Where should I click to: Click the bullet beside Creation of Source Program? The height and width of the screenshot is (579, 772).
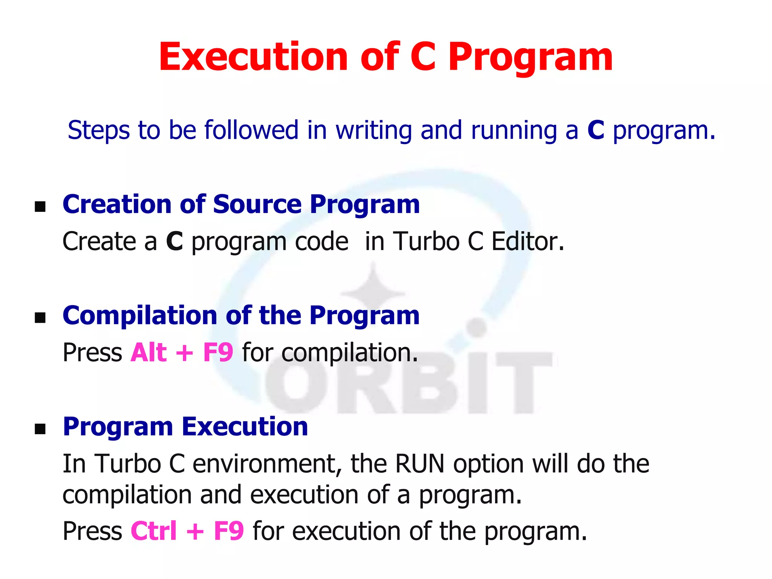pos(40,206)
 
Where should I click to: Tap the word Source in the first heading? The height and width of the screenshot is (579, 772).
pos(257,204)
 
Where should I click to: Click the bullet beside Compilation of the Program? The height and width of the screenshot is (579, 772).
pos(40,317)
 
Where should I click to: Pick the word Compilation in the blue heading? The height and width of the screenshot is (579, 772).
pos(139,316)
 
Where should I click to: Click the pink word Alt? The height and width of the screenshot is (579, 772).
pos(149,352)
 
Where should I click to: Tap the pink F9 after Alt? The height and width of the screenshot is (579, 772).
pos(218,352)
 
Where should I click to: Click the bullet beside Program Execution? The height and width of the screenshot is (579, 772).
pos(40,429)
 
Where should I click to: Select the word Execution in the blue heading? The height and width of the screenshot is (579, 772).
pos(245,427)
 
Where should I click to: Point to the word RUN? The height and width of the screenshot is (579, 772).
pos(420,464)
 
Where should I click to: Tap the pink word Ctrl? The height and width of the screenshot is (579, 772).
pos(153,531)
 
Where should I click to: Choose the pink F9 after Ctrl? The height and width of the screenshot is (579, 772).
pos(229,531)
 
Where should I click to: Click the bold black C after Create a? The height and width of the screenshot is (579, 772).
pos(175,241)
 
